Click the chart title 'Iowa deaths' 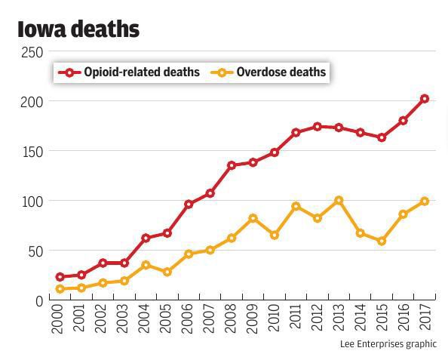tap(78, 29)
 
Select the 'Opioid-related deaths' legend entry tap(132, 72)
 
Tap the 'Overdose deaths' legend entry tap(272, 72)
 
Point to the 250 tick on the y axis tap(32, 52)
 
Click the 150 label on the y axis tap(32, 152)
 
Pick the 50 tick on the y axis tap(35, 251)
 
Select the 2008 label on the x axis tap(232, 319)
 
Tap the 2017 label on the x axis tap(425, 319)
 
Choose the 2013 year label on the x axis tap(339, 319)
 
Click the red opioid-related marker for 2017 tap(425, 99)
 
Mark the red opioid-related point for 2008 tap(232, 165)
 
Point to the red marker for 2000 tap(60, 277)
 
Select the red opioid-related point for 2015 tap(382, 138)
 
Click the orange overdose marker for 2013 tap(339, 201)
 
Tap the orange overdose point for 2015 tap(382, 242)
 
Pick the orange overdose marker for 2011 tap(296, 207)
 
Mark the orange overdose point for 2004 tap(146, 265)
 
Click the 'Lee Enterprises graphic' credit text tap(388, 344)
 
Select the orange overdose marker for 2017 tap(425, 202)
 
